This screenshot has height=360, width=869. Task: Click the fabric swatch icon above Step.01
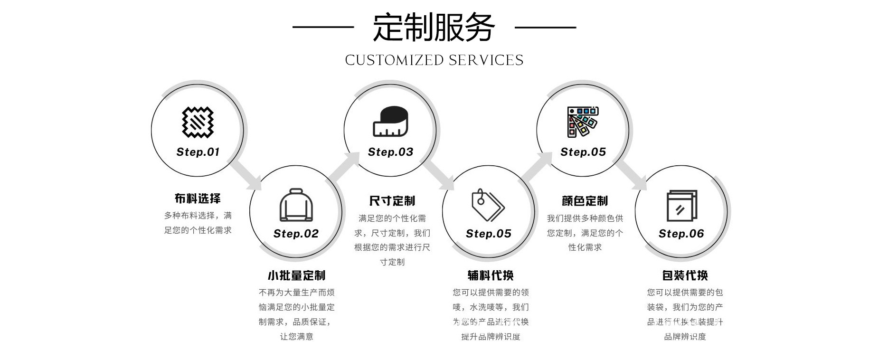pos(198,122)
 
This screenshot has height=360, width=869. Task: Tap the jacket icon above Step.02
pos(296,205)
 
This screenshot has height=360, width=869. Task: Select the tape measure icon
pos(390,122)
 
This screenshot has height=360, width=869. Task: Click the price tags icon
pos(488,206)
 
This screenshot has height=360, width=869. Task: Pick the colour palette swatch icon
pos(583,122)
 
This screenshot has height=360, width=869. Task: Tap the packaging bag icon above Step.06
pos(681,206)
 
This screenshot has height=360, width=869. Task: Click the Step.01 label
pos(198,152)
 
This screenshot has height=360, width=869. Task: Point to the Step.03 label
pos(390,152)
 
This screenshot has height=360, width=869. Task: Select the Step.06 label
pos(681,234)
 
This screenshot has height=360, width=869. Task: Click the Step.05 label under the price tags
pos(488,234)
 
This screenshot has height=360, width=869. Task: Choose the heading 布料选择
pos(198,199)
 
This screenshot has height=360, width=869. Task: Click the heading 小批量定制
pos(296,275)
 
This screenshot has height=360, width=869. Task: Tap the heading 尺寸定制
pos(392,201)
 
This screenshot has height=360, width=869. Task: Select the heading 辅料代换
pos(491,275)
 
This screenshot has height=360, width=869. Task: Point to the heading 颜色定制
pos(585,201)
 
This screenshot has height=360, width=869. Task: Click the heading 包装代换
pos(685,275)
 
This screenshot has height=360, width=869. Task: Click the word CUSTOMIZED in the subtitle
pos(394,60)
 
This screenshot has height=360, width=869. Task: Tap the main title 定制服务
pos(434,27)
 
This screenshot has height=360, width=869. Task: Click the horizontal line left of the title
pos(323,27)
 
